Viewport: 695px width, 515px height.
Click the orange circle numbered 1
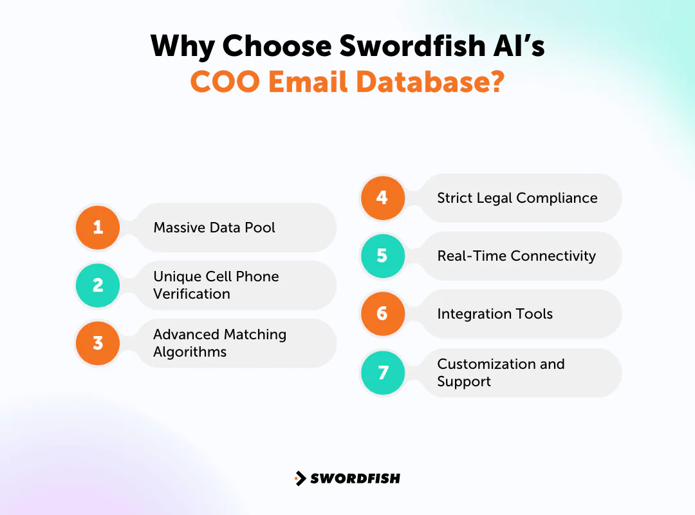tap(98, 227)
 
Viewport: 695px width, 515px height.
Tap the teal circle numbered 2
tap(98, 285)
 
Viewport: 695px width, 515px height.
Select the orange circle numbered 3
tap(98, 342)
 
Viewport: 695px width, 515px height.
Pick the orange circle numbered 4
tap(382, 198)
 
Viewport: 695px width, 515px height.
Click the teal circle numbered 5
tap(382, 256)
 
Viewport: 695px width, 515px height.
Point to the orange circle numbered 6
tap(382, 314)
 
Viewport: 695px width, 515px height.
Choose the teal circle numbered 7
tap(382, 373)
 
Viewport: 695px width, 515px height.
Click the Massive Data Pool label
tap(214, 227)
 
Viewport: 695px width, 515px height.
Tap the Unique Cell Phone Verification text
tap(216, 285)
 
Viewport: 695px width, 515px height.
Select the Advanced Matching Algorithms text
tap(219, 343)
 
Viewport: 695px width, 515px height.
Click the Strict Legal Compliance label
tap(517, 198)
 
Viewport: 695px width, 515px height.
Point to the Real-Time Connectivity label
tap(517, 256)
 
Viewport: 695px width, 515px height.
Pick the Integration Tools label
tap(495, 314)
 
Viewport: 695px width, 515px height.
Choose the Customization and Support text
tap(501, 373)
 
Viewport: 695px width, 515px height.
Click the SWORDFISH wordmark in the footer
tap(355, 478)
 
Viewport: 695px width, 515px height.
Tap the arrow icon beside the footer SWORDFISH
tap(300, 478)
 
